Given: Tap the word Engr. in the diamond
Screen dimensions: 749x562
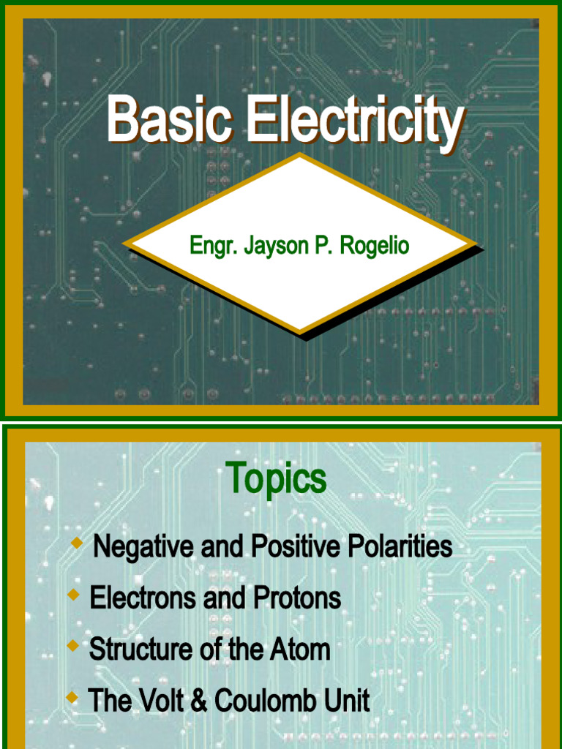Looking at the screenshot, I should pyautogui.click(x=213, y=246).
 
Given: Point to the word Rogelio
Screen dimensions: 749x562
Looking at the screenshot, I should pyautogui.click(x=376, y=246).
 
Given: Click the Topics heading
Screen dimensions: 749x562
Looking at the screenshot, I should pyautogui.click(x=276, y=480).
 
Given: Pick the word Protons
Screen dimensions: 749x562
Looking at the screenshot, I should pyautogui.click(x=297, y=598).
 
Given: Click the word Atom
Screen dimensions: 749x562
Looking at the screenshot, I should pyautogui.click(x=301, y=650).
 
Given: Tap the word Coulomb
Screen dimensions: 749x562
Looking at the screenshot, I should pyautogui.click(x=261, y=701).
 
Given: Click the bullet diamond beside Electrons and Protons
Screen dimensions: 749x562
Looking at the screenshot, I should pyautogui.click(x=73, y=595).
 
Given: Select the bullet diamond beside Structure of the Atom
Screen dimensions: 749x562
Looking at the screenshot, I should pyautogui.click(x=72, y=646).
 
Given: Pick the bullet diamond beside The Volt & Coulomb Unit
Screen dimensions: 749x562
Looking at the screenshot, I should pyautogui.click(x=72, y=698).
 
